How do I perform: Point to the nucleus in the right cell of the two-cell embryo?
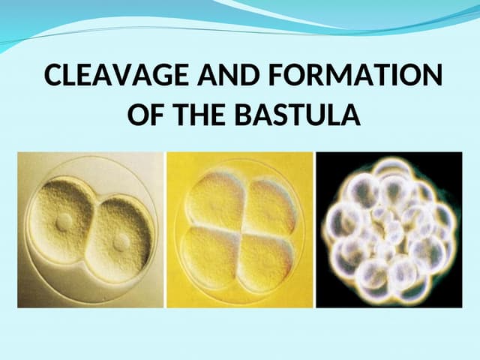click(120, 242)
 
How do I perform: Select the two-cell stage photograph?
click(90, 229)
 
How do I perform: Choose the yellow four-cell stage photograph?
click(239, 229)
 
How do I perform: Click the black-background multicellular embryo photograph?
click(388, 229)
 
